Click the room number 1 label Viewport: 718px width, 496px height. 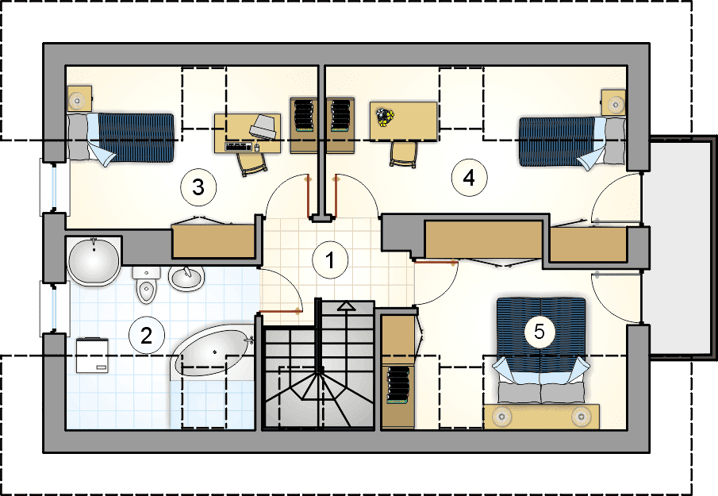[330, 260]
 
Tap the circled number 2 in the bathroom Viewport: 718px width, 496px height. [146, 336]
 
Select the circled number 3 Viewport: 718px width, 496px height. [198, 186]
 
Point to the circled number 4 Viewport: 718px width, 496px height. [469, 178]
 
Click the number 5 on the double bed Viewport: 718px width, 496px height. [539, 332]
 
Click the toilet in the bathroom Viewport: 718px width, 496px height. [147, 285]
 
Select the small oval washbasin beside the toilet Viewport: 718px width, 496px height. [186, 278]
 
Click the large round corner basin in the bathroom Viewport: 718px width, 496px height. [94, 262]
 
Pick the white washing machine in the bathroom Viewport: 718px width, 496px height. [93, 356]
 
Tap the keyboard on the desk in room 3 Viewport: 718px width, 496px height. [239, 147]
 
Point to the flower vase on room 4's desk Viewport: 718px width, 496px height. [384, 117]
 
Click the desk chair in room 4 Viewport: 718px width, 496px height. [404, 154]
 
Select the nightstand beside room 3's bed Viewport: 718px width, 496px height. [80, 98]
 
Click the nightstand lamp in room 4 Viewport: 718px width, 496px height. [616, 105]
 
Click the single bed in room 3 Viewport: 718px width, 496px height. [121, 137]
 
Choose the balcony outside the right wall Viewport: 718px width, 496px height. [682, 248]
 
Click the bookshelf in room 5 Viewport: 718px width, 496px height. [398, 386]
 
